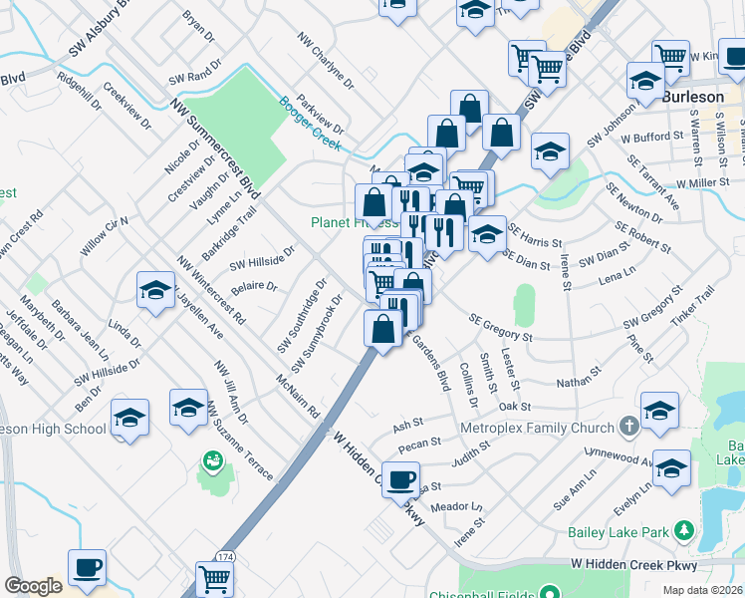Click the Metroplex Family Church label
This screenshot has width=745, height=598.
(x=537, y=428)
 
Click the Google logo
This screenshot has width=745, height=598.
(x=33, y=586)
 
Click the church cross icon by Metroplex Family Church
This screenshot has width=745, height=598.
(x=627, y=427)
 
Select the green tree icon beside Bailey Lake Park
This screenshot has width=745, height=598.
(x=682, y=530)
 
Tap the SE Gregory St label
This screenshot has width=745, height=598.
(x=500, y=328)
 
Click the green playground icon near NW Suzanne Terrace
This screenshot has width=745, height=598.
(x=212, y=460)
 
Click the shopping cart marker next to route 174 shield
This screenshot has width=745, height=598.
(x=215, y=578)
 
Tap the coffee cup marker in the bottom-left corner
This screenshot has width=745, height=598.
(x=87, y=568)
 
